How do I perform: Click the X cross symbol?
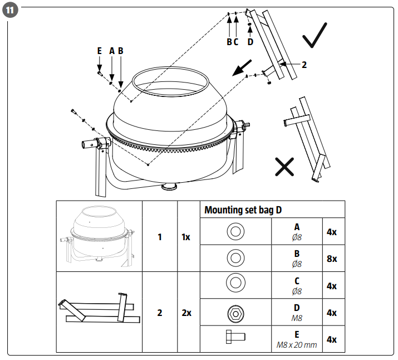click(285, 166)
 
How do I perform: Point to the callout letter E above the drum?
click(99, 51)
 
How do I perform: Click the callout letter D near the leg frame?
click(250, 41)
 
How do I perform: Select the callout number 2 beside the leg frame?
click(304, 65)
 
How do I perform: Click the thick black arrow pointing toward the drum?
click(240, 69)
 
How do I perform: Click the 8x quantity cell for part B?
click(331, 259)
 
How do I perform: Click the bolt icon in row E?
click(235, 339)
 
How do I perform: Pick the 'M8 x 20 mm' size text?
click(297, 345)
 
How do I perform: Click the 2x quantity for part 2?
click(186, 313)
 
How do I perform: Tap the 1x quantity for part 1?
click(186, 237)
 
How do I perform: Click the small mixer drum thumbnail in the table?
click(99, 235)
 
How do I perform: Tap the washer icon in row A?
click(235, 231)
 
